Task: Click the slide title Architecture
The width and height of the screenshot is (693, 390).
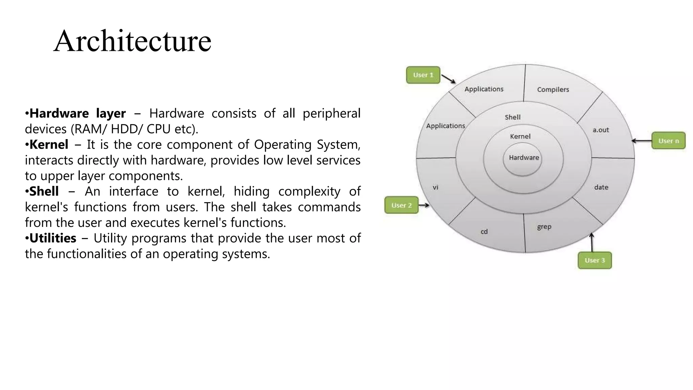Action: pyautogui.click(x=132, y=41)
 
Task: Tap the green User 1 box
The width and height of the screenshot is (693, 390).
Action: pyautogui.click(x=423, y=75)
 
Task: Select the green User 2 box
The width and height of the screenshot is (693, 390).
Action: pyautogui.click(x=401, y=205)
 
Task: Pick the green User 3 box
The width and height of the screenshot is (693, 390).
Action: pyautogui.click(x=595, y=260)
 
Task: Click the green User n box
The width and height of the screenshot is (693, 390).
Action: pyautogui.click(x=668, y=141)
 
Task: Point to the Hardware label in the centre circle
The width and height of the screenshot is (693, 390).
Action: pyautogui.click(x=524, y=158)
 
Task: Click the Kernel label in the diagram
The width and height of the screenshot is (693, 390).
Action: pyautogui.click(x=520, y=136)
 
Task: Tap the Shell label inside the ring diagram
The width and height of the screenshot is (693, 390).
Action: pyautogui.click(x=512, y=117)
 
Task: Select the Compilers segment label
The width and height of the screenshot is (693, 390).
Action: pyautogui.click(x=553, y=90)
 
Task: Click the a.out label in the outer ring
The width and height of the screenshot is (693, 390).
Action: pyautogui.click(x=601, y=130)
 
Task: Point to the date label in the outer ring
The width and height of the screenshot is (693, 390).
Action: pyautogui.click(x=601, y=187)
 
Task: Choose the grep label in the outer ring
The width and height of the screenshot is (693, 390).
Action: pyautogui.click(x=544, y=227)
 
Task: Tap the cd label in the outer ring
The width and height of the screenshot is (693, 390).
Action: pyautogui.click(x=484, y=232)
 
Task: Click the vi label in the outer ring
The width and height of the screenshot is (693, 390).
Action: pyautogui.click(x=435, y=187)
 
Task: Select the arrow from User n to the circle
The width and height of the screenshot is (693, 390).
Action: pyautogui.click(x=642, y=141)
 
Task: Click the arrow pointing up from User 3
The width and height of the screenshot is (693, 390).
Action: pyautogui.click(x=591, y=242)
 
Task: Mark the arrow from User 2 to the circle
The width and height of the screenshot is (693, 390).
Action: pyautogui.click(x=424, y=205)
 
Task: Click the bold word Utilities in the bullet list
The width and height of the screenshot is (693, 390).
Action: pyautogui.click(x=53, y=238)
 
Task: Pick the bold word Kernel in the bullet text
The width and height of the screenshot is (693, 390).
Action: pyautogui.click(x=49, y=145)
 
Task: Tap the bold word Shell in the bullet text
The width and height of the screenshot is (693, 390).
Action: pyautogui.click(x=44, y=192)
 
